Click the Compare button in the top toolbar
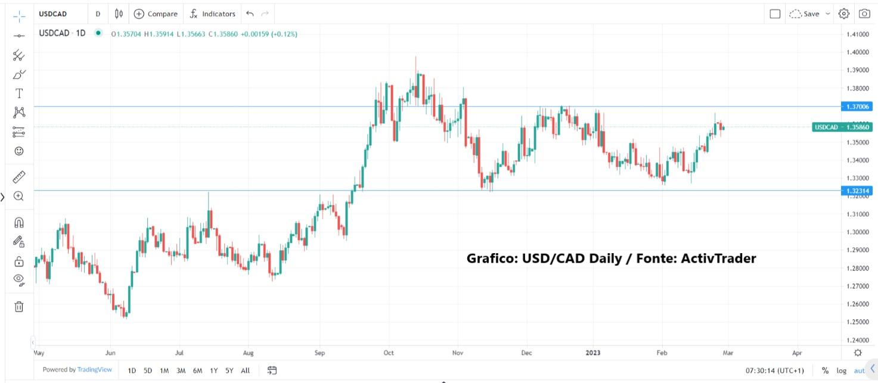click(155, 14)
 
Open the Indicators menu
click(213, 14)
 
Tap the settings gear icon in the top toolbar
click(843, 14)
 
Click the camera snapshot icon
click(864, 14)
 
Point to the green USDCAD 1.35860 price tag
click(842, 127)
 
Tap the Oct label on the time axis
click(389, 352)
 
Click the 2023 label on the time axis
click(592, 352)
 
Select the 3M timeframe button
click(181, 370)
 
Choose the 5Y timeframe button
click(229, 370)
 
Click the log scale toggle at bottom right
click(841, 370)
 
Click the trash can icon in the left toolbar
click(19, 307)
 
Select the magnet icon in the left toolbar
click(19, 223)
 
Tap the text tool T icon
click(19, 94)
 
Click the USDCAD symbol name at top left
click(54, 14)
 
